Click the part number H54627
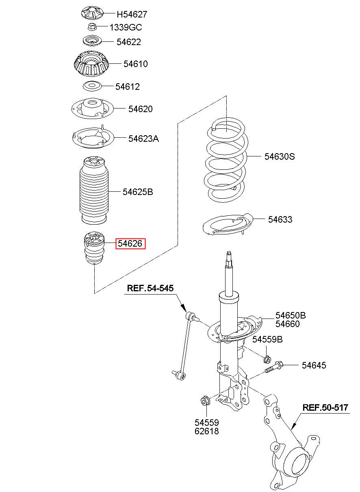[x=132, y=15]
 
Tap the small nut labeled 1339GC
[x=91, y=27]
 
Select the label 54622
[x=128, y=42]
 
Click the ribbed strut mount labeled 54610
[x=91, y=64]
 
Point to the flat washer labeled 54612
[x=92, y=86]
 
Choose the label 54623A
[x=143, y=139]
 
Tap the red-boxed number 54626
[x=130, y=243]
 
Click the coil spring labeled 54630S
[x=226, y=160]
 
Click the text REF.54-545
[x=150, y=288]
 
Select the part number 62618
[x=207, y=431]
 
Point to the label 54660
[x=288, y=324]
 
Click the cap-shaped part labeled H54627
[x=92, y=13]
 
